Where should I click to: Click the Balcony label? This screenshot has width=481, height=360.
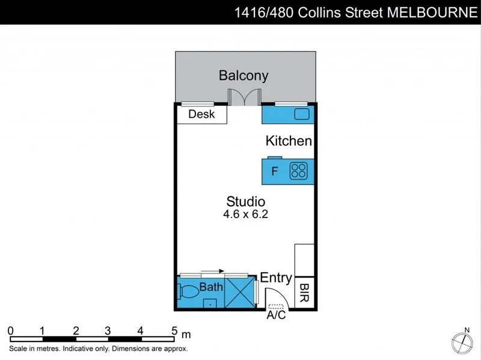click(243, 76)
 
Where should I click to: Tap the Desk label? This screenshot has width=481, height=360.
click(201, 114)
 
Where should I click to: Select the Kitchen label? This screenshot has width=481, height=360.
click(289, 141)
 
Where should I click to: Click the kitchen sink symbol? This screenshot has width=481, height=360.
click(301, 114)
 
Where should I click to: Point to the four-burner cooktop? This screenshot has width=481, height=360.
click(298, 171)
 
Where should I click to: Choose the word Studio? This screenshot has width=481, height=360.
click(245, 201)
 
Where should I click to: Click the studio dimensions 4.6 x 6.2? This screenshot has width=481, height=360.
click(245, 214)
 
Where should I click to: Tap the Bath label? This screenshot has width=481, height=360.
click(211, 287)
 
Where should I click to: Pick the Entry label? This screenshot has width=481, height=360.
click(276, 278)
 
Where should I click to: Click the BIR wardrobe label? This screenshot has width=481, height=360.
click(304, 293)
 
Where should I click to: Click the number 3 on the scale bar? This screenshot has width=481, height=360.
click(108, 331)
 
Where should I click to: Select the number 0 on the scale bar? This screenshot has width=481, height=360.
click(11, 331)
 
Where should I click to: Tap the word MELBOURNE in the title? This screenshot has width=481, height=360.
click(428, 13)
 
